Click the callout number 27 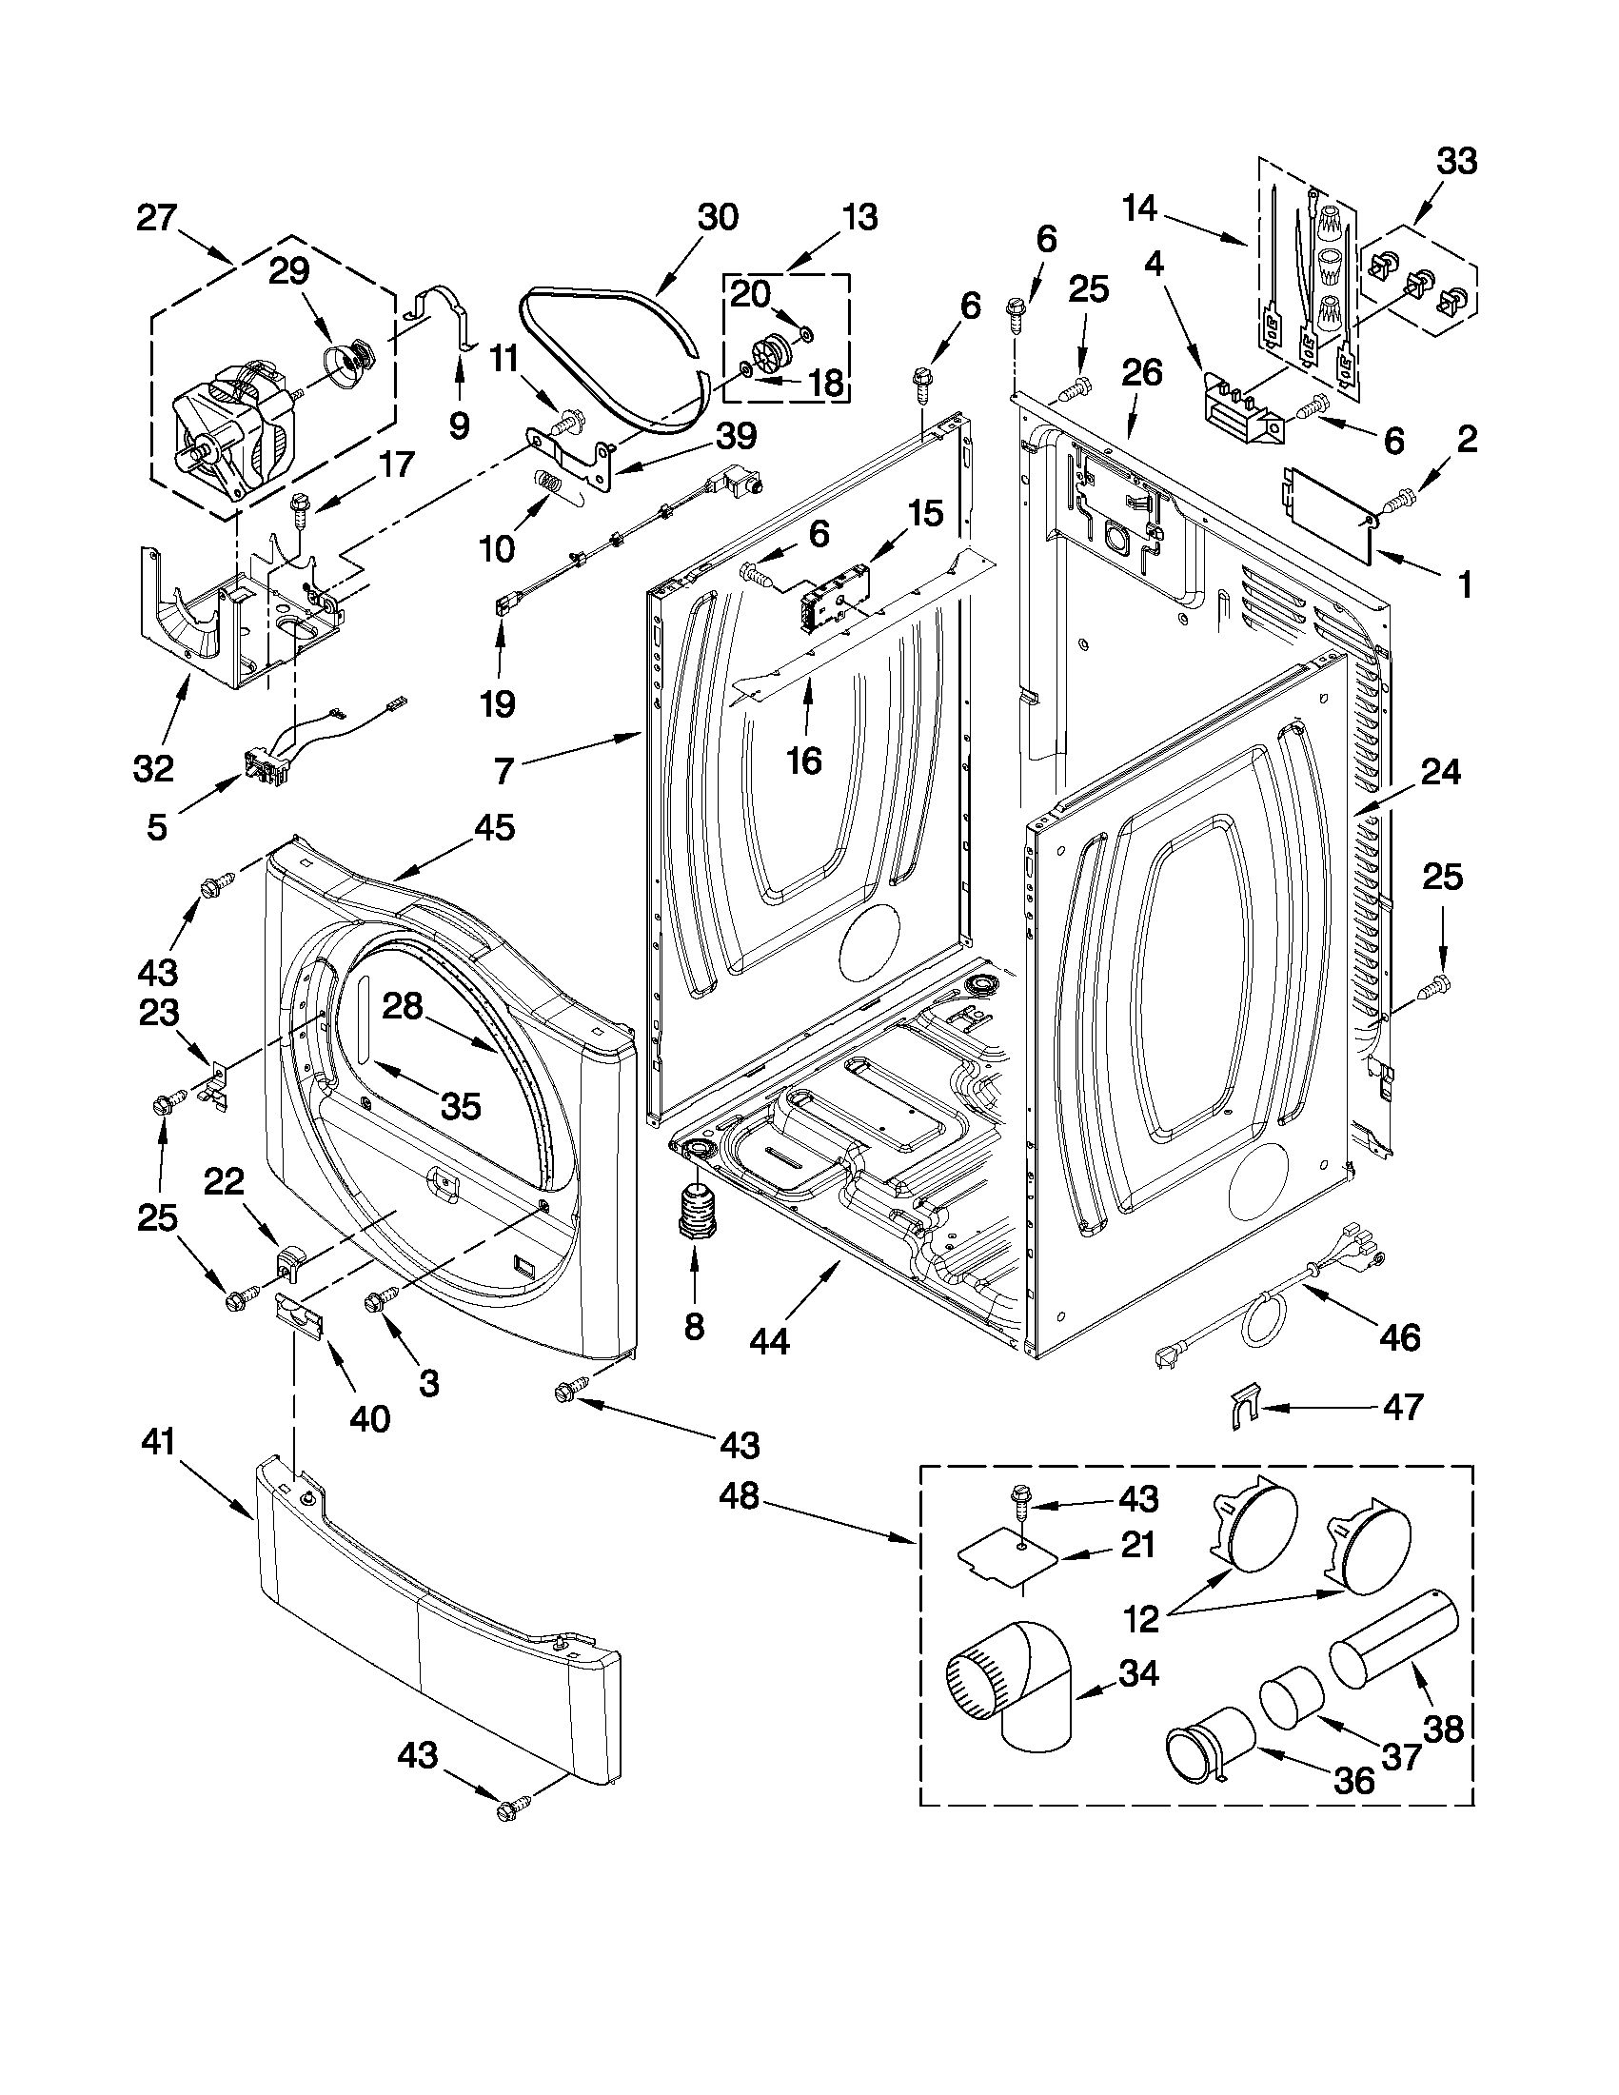tap(156, 219)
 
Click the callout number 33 tap(1456, 162)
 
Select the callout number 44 tap(769, 1341)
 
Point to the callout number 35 tap(461, 1105)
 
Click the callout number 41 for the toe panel tap(159, 1469)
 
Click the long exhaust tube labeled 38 tap(1392, 1634)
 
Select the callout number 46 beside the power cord tap(1399, 1336)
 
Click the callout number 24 tap(1441, 771)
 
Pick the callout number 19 tap(498, 704)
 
